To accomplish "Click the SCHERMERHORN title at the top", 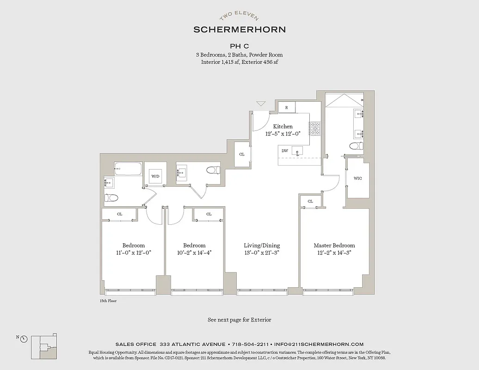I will tap(239, 29).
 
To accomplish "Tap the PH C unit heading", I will tap(239, 46).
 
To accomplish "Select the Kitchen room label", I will tap(282, 126).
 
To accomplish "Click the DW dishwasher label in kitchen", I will tap(285, 150).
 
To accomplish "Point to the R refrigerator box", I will tap(287, 107).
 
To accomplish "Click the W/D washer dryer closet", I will tap(155, 176).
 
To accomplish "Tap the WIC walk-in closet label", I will tap(357, 178).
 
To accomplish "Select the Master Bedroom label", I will tap(334, 246).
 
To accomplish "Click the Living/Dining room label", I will tap(262, 246).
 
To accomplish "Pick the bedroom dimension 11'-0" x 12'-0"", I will tap(133, 253).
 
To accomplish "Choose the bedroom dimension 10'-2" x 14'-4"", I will tap(194, 253).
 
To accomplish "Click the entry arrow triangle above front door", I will tap(261, 104).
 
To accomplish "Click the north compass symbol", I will tap(24, 339).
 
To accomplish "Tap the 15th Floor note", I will tap(108, 301).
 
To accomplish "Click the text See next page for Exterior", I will tap(239, 320).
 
